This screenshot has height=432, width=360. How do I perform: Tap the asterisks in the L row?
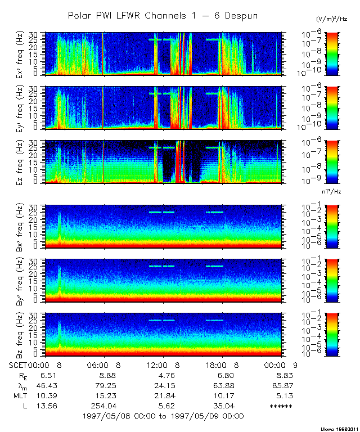click(281, 406)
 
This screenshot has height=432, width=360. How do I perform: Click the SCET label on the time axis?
click(19, 365)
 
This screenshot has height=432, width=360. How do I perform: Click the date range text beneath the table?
click(163, 416)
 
